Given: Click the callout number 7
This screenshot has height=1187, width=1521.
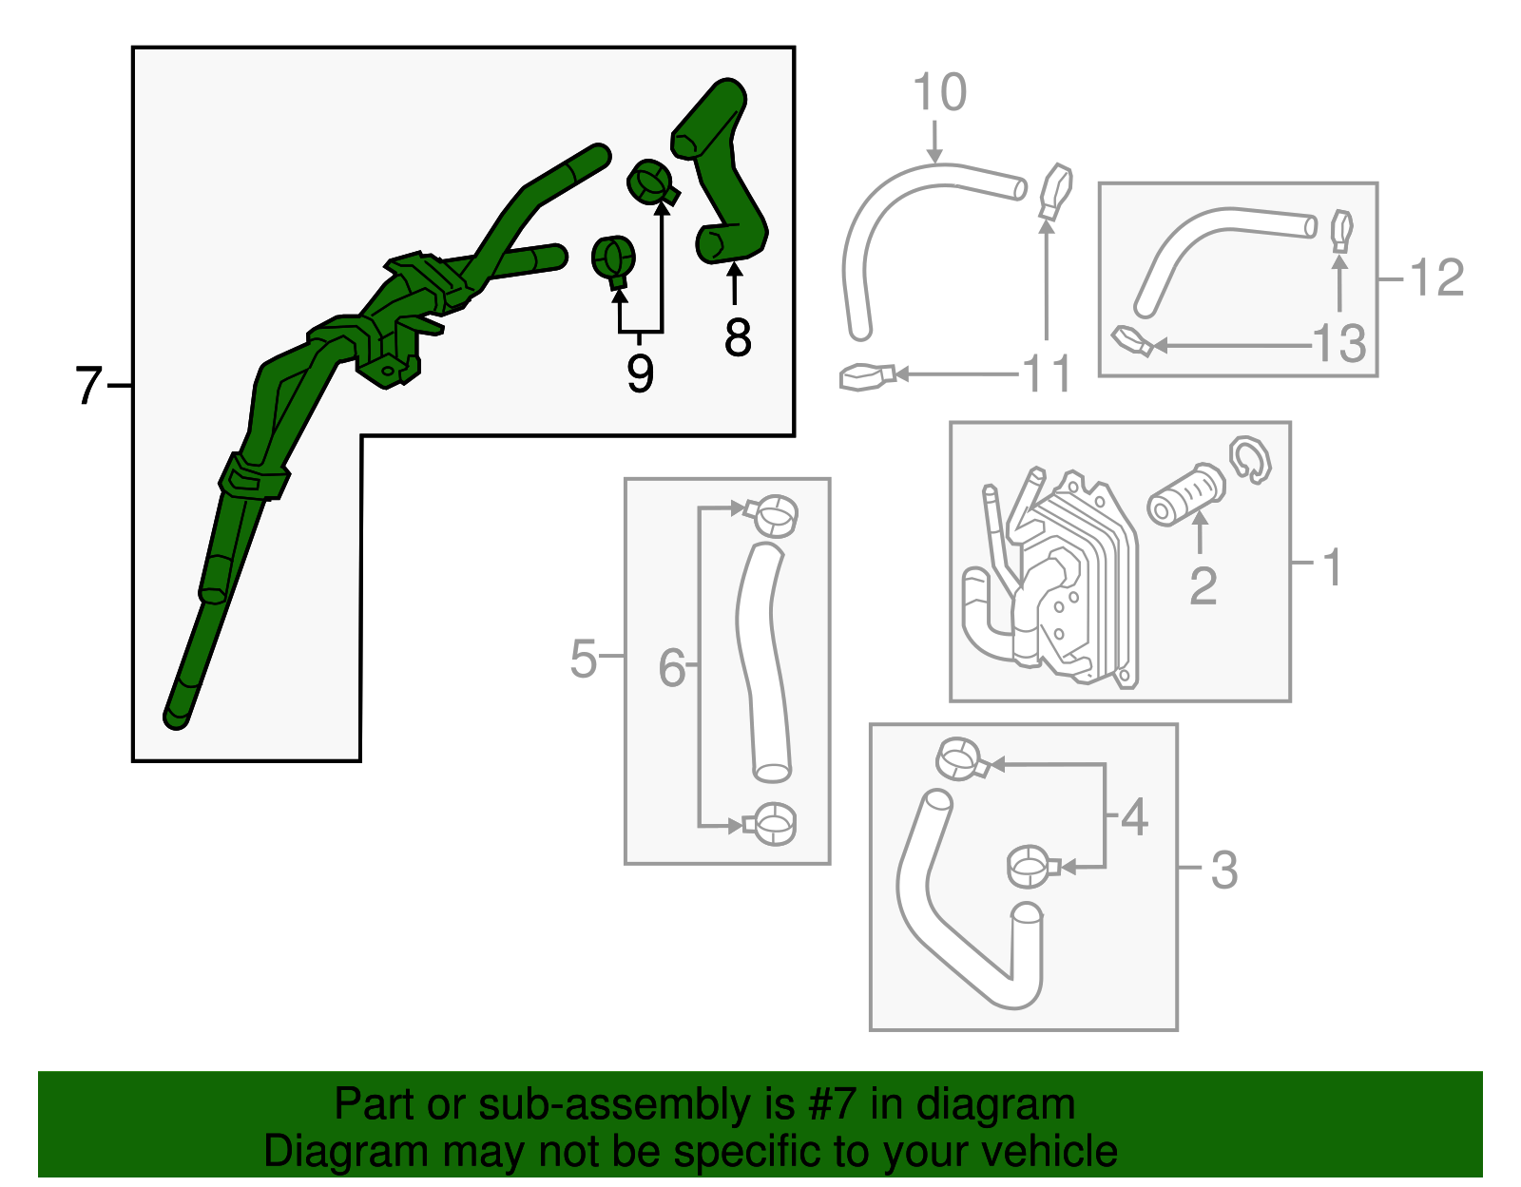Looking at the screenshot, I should [x=87, y=386].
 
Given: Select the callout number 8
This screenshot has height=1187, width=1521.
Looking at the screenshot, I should [x=737, y=337].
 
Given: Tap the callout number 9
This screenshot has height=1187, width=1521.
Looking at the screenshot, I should [x=640, y=373].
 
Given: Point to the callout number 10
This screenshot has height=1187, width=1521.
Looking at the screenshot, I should [x=939, y=93].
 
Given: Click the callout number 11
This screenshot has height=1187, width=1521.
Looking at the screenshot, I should [x=1047, y=374].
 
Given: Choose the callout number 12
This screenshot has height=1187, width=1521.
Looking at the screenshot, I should [x=1436, y=278].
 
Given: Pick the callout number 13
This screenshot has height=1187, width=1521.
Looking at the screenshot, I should [x=1338, y=344].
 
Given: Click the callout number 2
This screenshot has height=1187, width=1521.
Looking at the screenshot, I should [x=1203, y=585].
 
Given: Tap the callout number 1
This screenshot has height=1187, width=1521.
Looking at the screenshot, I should [x=1333, y=566].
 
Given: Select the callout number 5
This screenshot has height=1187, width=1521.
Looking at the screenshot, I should [x=583, y=658].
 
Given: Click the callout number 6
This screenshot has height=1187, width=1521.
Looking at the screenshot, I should [x=671, y=668].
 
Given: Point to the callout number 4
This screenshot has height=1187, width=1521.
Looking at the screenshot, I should [x=1134, y=816].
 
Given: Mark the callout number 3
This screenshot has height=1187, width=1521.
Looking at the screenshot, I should [x=1224, y=870].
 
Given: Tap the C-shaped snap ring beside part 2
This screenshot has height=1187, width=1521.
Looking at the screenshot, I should [x=1250, y=460].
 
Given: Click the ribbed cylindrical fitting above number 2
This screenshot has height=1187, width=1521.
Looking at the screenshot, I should [x=1185, y=494].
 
